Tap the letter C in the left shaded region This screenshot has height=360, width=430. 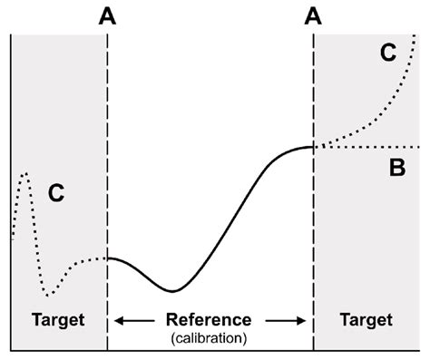56,192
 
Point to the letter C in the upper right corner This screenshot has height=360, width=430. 387,54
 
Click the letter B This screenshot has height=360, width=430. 396,168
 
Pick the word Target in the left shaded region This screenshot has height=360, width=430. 57,319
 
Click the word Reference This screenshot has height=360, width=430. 210,319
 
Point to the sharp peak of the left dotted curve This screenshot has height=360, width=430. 25,172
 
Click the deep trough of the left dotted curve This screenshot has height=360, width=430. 50,294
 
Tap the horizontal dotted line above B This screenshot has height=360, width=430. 372,147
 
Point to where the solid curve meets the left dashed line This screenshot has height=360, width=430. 108,258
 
